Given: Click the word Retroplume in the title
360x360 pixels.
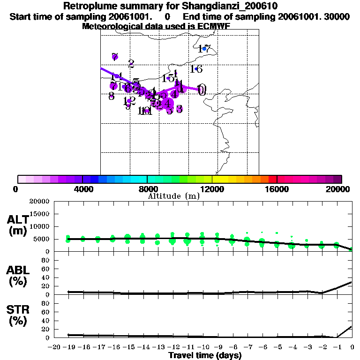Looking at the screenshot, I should click(91, 7).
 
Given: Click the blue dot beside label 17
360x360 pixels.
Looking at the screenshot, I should click(204, 49).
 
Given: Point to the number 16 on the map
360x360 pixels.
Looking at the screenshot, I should click(196, 69).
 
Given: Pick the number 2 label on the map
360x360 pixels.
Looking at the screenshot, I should click(131, 63).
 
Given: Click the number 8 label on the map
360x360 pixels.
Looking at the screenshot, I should click(111, 96).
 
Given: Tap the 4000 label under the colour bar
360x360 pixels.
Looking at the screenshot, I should click(82, 189).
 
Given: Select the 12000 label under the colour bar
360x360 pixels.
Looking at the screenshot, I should click(212, 189).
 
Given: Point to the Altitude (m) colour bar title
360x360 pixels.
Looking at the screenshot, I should click(174, 196).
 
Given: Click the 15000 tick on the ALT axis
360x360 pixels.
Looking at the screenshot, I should click(41, 214).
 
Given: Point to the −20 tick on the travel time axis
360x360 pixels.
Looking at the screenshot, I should click(54, 347).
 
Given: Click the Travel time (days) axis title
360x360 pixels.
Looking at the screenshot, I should click(205, 355).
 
